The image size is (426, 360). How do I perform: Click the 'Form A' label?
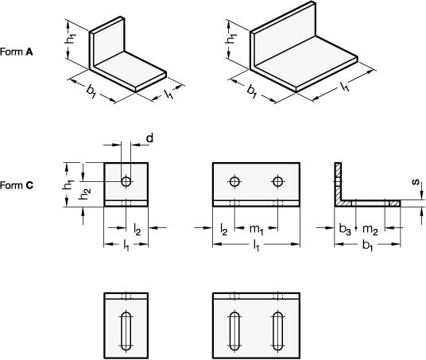[17, 52]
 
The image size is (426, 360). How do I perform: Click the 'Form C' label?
[17, 185]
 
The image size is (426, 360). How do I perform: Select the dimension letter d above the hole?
[149, 138]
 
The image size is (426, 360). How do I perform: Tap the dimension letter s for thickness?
[416, 182]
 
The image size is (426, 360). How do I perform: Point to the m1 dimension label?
[257, 230]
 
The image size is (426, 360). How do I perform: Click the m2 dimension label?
[370, 230]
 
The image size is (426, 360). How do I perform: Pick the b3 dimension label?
[345, 229]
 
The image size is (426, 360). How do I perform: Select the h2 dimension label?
[85, 194]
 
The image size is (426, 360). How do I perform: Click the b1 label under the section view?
[367, 246]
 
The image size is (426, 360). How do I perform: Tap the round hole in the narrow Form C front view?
[126, 181]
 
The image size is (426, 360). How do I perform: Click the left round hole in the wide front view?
[234, 181]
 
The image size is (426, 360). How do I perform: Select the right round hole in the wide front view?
[277, 181]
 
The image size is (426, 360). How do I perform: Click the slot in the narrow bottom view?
[126, 331]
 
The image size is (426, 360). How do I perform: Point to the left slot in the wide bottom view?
[234, 331]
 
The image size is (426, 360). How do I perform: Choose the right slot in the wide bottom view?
[277, 331]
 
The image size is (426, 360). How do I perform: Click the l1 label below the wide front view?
[256, 246]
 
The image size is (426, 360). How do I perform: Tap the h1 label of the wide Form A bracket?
[231, 39]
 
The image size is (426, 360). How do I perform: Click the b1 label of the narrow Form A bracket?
[91, 91]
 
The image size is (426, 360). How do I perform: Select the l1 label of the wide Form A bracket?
[345, 87]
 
